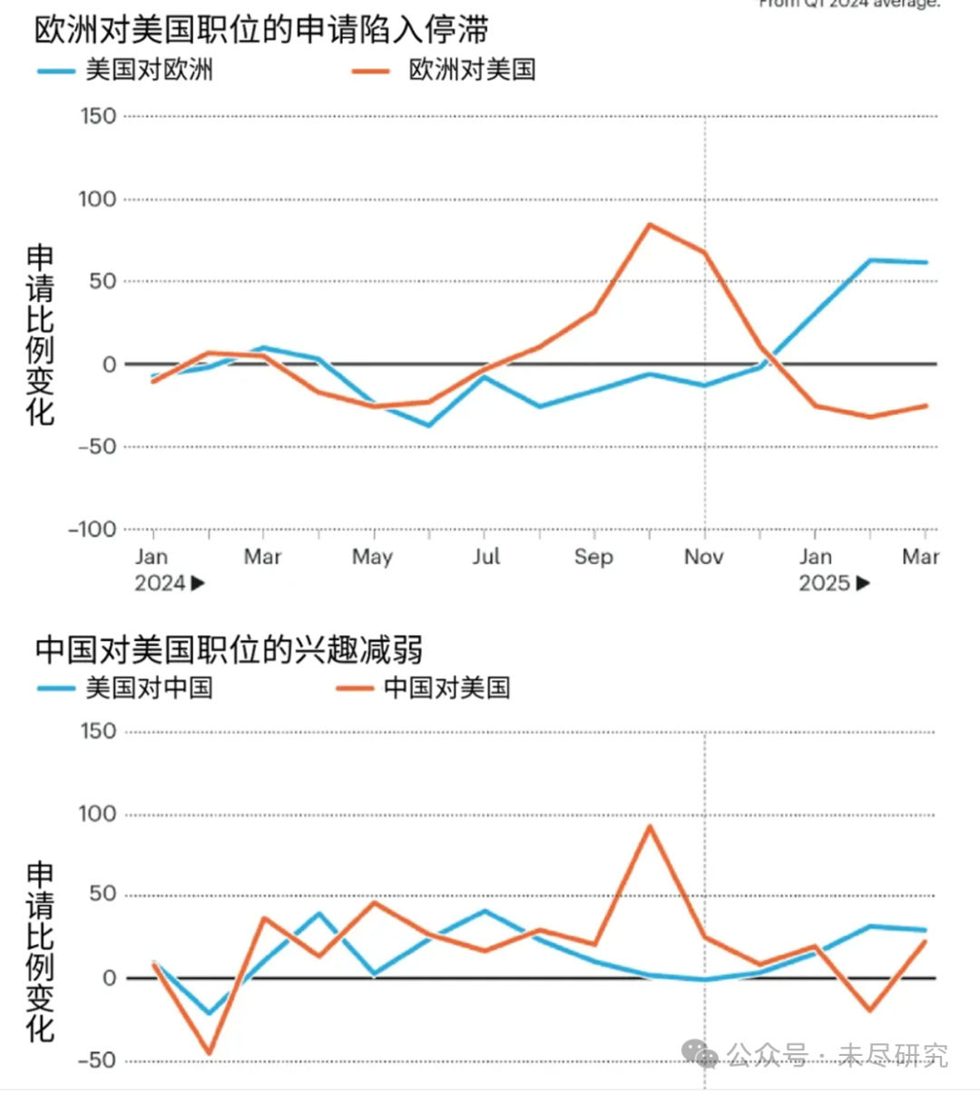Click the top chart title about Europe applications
(261, 29)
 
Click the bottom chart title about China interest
(229, 650)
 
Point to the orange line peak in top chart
(650, 224)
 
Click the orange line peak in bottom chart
(650, 826)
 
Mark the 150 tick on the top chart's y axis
(98, 116)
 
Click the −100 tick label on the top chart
(93, 529)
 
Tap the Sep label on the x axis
(593, 557)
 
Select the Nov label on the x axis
(703, 557)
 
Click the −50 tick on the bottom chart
(97, 1060)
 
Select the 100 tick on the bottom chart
(98, 814)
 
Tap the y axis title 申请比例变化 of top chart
(40, 335)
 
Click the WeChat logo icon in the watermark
(700, 1054)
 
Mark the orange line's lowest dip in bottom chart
(210, 1053)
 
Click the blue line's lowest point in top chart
(428, 425)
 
